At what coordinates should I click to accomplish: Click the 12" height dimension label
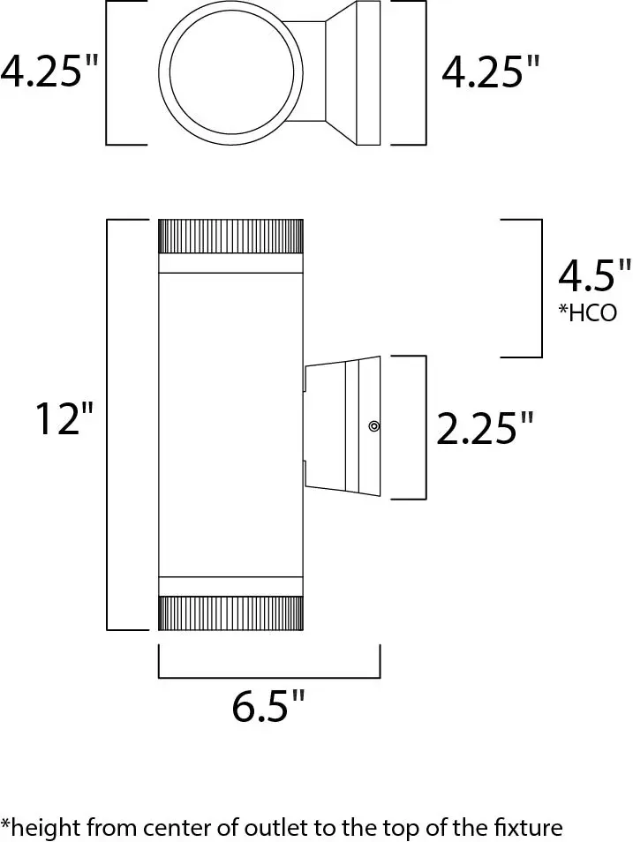[x=64, y=418]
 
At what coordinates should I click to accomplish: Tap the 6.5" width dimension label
[x=268, y=706]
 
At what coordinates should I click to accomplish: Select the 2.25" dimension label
[x=486, y=429]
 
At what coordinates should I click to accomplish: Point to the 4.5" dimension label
[x=594, y=276]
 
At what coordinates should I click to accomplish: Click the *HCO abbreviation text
[x=587, y=313]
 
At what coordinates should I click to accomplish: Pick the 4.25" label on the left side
[x=49, y=71]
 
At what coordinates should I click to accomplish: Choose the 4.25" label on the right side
[x=490, y=71]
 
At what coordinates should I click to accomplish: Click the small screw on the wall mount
[x=374, y=426]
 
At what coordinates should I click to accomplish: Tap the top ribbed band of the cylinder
[x=231, y=237]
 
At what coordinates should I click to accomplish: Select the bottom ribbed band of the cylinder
[x=231, y=613]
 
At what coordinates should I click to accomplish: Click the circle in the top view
[x=232, y=72]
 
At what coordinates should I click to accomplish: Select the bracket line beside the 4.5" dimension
[x=540, y=288]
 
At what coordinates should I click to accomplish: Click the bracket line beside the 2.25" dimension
[x=426, y=428]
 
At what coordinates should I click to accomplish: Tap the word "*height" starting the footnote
[x=33, y=828]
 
